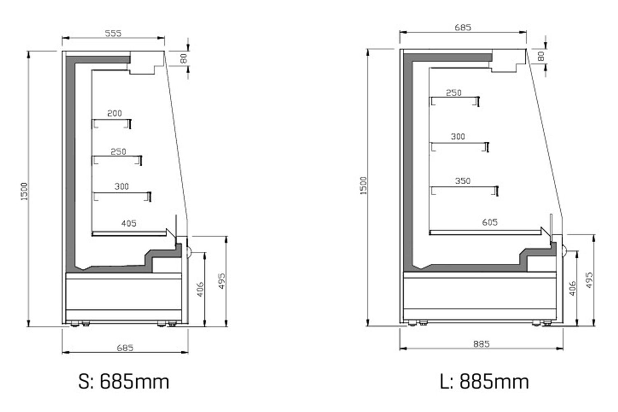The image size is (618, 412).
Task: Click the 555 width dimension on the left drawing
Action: point(113,33)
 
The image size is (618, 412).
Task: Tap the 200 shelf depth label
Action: point(115,113)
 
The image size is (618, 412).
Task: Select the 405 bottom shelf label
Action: point(129,223)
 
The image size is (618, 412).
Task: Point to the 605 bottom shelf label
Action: point(490,222)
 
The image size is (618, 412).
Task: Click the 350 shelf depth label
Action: point(463,181)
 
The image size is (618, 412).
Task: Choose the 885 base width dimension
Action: point(482,344)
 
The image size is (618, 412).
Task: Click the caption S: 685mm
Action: point(124,382)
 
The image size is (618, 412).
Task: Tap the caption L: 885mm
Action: point(485,382)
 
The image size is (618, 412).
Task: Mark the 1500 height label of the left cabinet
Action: point(24,191)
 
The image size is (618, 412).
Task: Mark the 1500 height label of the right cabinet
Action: point(364,186)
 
